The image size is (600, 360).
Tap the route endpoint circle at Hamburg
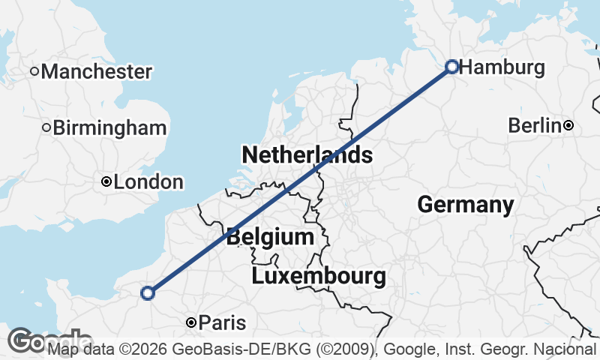point(452,67)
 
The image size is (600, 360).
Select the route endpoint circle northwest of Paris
point(148,293)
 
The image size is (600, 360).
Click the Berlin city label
point(535,125)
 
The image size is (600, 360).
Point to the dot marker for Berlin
point(569,125)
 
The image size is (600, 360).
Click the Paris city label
point(223,323)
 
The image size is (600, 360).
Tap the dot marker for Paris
point(192,322)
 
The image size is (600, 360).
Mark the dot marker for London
point(107,181)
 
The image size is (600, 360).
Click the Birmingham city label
point(109,127)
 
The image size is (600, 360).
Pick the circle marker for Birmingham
point(46,127)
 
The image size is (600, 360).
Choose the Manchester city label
point(97,72)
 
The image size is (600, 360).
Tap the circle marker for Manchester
point(34,71)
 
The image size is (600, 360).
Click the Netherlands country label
point(307,155)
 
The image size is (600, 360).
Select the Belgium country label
point(270,238)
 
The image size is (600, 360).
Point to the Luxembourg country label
point(319,276)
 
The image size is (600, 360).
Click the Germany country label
point(466,204)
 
